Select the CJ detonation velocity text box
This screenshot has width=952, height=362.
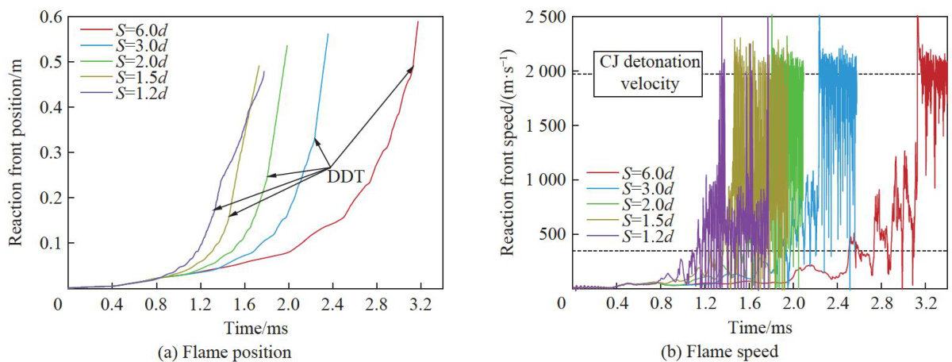(650, 73)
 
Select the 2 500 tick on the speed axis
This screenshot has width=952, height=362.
(543, 17)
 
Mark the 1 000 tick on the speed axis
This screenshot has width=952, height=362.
(543, 179)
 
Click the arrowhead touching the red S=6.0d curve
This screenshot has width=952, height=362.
(413, 68)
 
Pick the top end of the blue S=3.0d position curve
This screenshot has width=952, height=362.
(328, 34)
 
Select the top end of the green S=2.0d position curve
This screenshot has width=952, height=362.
(287, 46)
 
